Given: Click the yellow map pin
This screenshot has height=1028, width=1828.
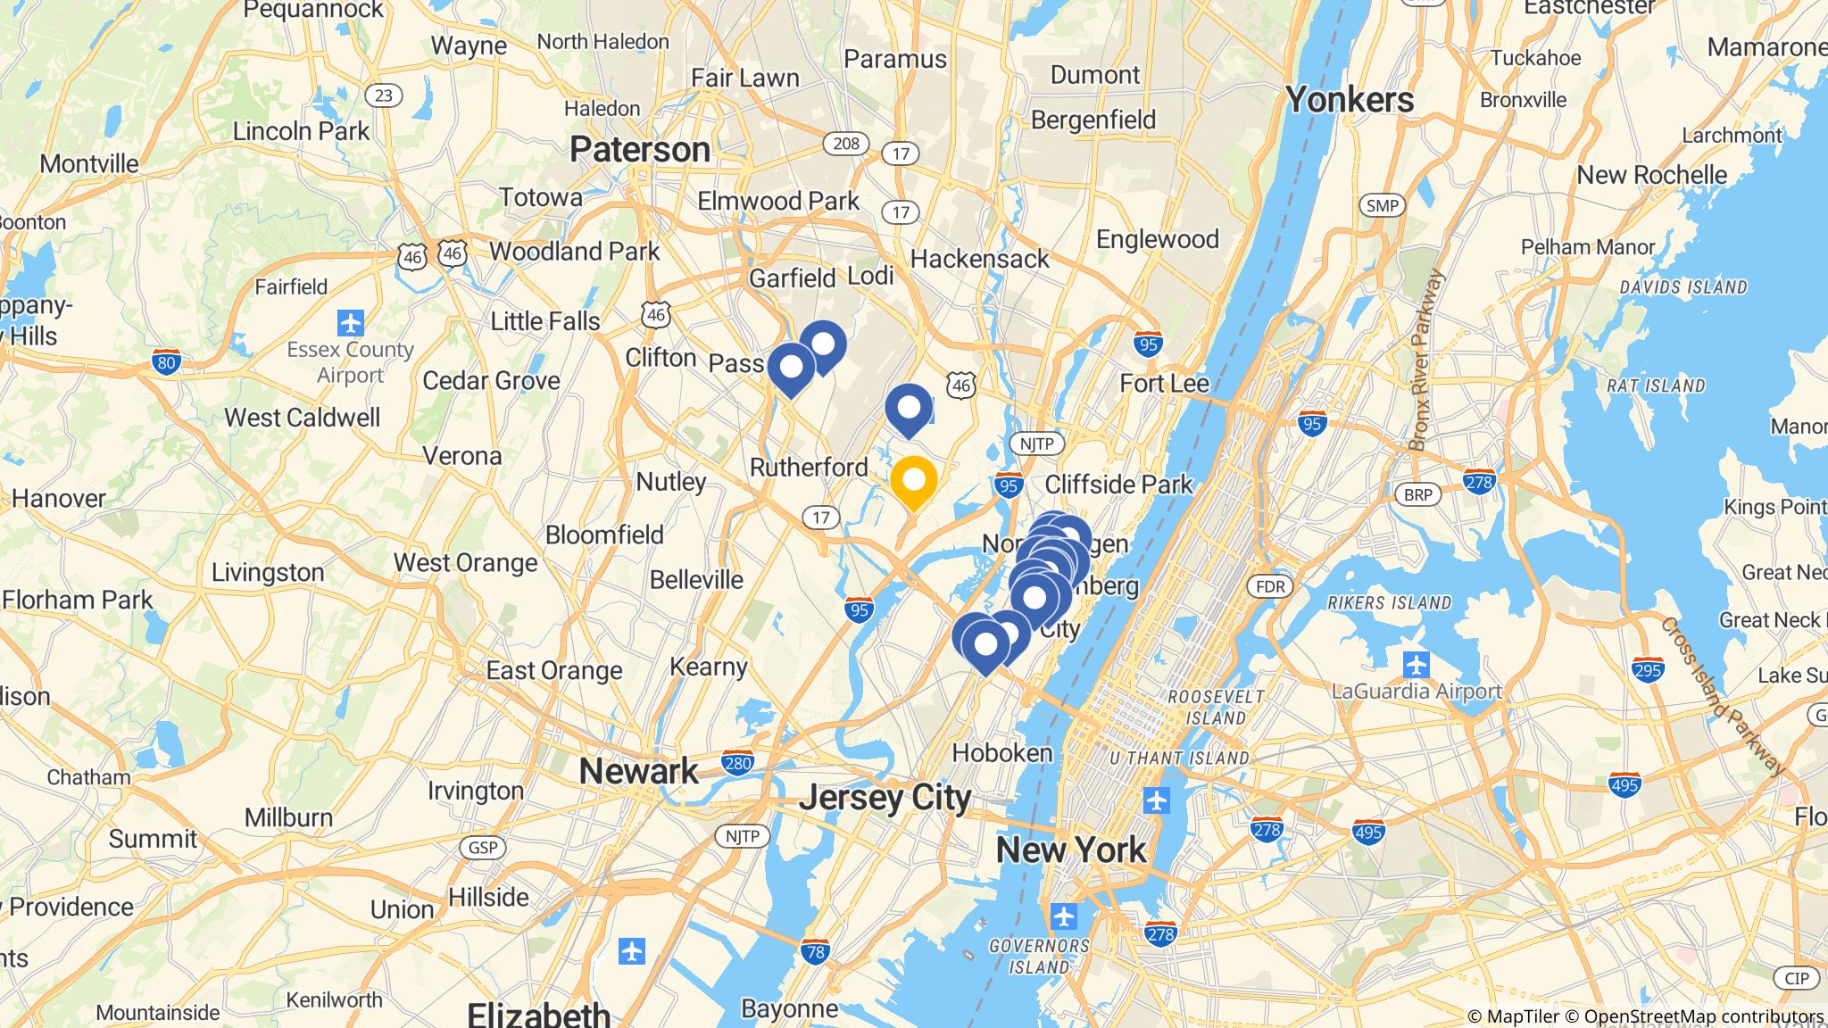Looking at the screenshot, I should coord(913,481).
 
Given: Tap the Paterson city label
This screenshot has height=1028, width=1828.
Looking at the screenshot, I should coord(640,149).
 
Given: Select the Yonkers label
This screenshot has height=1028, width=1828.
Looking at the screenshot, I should coord(1350,100).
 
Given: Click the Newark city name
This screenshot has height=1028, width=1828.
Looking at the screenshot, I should coord(639,771).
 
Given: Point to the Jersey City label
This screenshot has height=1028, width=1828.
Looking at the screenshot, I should coord(884,797).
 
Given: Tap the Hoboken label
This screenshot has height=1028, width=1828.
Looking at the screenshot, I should coord(1002,753).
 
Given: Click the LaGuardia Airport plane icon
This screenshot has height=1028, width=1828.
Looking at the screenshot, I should coord(1417,665).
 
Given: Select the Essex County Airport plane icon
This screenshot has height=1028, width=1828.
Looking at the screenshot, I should coord(351,321).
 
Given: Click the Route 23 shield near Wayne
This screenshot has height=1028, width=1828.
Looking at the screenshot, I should coord(383,95).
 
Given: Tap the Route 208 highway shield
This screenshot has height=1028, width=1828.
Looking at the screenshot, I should coord(845,143).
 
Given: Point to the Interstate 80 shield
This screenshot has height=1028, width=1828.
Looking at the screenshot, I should coord(166,362).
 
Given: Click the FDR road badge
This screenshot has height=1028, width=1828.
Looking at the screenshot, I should coord(1269,586).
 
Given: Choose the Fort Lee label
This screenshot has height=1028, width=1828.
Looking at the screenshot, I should coord(1164,384).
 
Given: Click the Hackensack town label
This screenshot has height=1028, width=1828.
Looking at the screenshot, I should coord(980,259).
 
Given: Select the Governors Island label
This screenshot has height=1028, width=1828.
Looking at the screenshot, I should coord(1040,956).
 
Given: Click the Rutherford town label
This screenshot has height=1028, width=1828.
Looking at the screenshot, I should coord(809,467).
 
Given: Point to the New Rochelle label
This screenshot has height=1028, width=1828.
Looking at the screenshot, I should coord(1651,174).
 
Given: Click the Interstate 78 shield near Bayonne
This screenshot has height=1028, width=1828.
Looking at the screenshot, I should coord(814,952).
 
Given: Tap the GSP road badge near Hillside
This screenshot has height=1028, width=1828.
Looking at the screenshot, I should coord(482,847).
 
